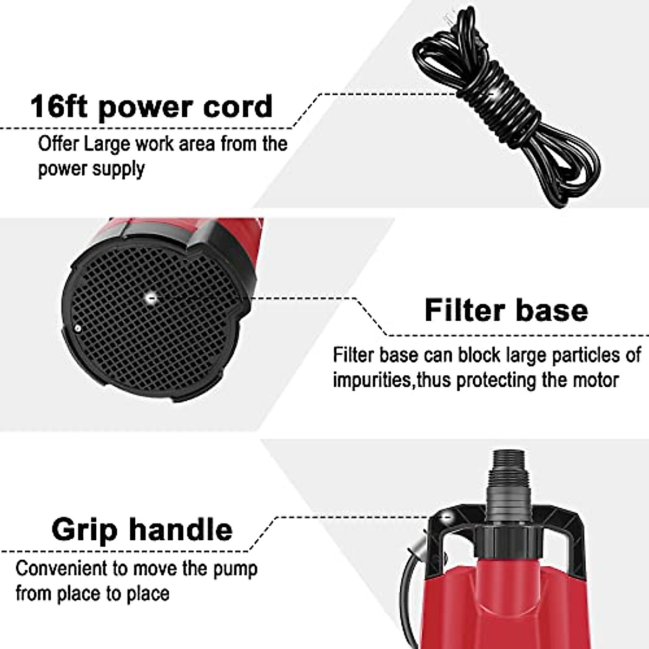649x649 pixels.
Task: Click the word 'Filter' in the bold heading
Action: [460, 310]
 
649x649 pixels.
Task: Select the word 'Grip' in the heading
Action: [84, 529]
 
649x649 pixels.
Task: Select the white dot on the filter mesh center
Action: [151, 296]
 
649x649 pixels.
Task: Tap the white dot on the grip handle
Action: [447, 517]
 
